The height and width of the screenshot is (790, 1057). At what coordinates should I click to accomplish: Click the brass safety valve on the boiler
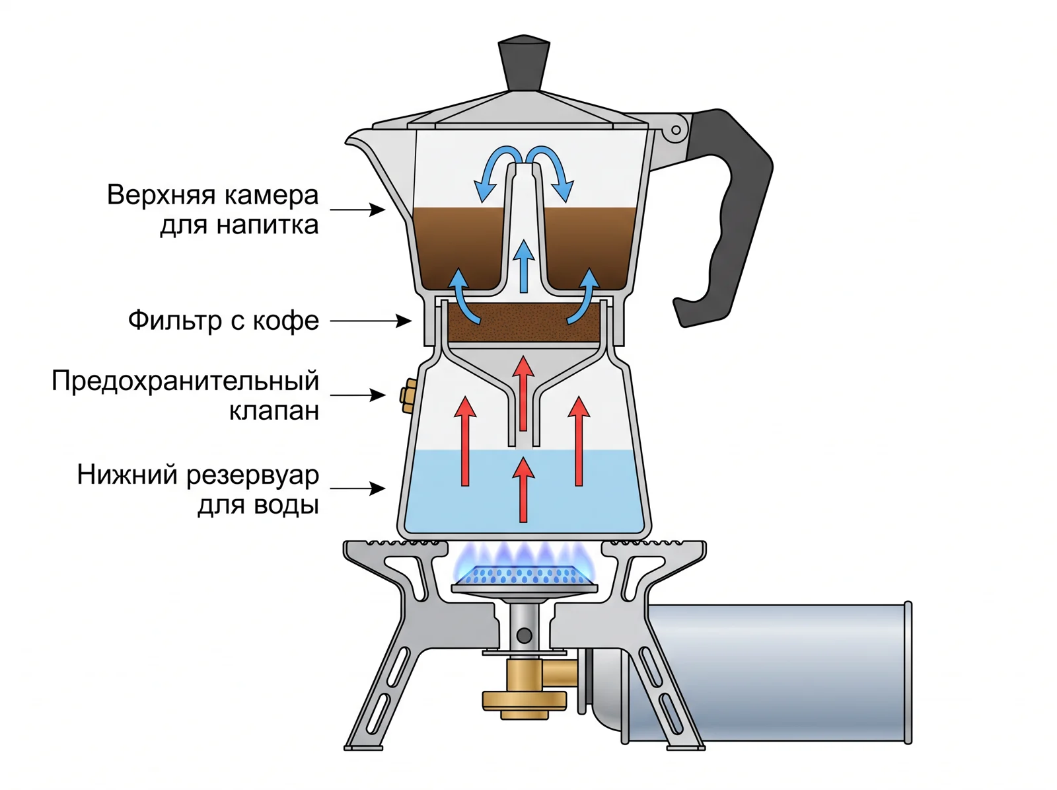click(x=408, y=395)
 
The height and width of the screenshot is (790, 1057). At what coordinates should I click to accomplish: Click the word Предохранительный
click(x=186, y=381)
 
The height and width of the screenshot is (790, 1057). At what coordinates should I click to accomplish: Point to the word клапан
click(x=274, y=411)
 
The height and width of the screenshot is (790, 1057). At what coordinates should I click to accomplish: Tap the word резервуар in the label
click(x=252, y=476)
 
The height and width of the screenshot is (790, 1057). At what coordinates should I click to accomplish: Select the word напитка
click(x=268, y=225)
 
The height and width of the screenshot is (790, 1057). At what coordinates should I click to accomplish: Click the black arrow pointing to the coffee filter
click(x=371, y=321)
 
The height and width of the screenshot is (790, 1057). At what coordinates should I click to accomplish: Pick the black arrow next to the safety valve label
click(x=358, y=395)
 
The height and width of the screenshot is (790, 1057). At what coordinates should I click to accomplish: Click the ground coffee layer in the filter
click(x=524, y=323)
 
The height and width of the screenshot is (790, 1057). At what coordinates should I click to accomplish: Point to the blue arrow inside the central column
click(x=524, y=266)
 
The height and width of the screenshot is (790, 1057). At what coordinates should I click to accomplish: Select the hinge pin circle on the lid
click(x=676, y=130)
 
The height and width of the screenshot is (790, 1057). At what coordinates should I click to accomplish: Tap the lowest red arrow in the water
click(x=523, y=490)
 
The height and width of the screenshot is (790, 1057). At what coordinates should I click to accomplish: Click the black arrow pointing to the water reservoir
click(x=358, y=489)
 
